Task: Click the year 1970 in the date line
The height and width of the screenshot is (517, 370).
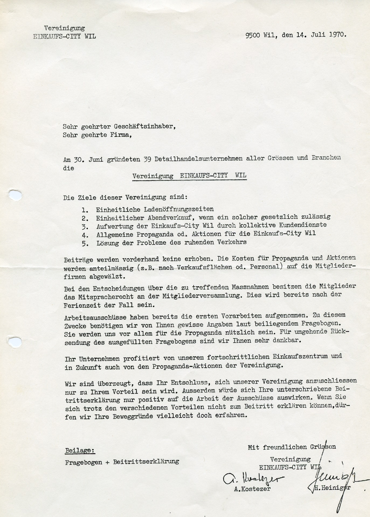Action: tap(337, 35)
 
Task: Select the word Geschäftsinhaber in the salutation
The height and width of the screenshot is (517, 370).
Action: tap(145, 126)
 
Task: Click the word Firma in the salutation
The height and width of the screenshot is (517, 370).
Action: tap(121, 135)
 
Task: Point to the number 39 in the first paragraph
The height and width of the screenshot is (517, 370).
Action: tap(147, 159)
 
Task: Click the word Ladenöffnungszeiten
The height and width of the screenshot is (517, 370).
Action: tap(155, 209)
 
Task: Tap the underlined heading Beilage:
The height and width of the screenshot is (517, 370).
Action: tap(80, 450)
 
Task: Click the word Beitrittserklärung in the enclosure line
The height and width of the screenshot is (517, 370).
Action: tap(146, 462)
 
